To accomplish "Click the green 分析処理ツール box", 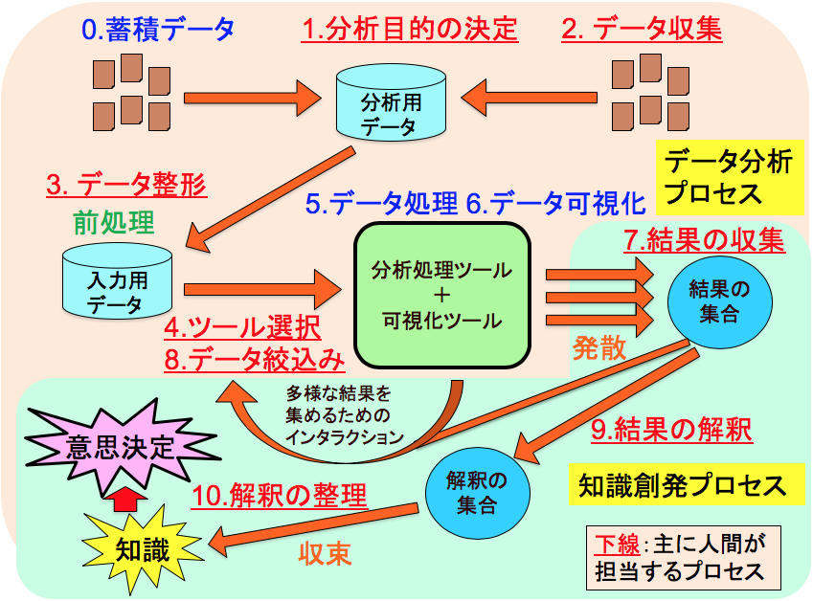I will click(442, 295).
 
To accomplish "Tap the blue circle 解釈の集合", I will click(476, 490).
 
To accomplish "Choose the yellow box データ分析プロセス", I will click(729, 177).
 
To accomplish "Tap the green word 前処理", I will click(113, 222).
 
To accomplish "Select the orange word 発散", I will click(600, 347).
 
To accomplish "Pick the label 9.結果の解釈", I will click(670, 430).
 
